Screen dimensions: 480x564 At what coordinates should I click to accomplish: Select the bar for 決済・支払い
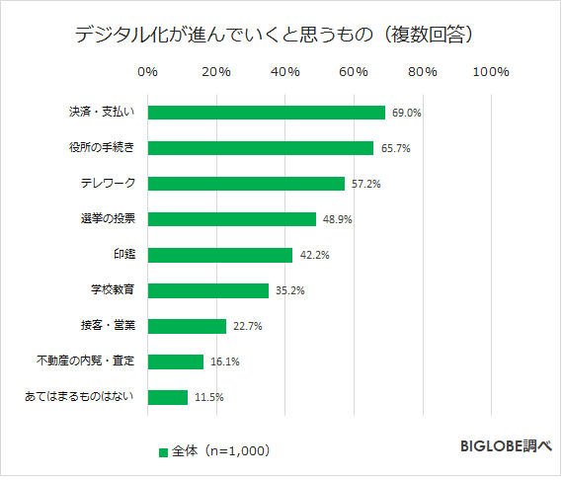click(x=266, y=113)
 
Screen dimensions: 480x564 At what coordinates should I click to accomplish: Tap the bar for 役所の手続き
click(x=260, y=148)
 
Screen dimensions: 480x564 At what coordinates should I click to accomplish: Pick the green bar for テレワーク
click(x=246, y=184)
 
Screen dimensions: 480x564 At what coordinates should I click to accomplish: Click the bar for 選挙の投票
click(x=231, y=219)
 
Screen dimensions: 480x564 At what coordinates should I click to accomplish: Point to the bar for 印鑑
click(x=220, y=255)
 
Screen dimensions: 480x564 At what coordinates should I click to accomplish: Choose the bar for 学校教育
click(x=207, y=290)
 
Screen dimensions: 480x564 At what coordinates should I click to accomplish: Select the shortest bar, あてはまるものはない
click(x=167, y=397)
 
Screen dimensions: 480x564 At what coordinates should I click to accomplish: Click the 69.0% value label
click(x=406, y=113)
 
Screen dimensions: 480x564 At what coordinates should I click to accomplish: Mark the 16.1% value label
click(x=224, y=361)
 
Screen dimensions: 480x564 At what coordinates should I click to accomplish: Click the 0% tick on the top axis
click(x=148, y=72)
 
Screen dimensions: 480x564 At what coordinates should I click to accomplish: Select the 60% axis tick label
click(x=354, y=72)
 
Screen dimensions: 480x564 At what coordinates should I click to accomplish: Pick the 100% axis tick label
click(x=491, y=72)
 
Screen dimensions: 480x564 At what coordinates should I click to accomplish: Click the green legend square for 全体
click(x=163, y=451)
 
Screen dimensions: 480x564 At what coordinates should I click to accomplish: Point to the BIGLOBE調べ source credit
click(x=505, y=446)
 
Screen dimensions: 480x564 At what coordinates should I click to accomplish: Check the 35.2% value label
click(x=289, y=290)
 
